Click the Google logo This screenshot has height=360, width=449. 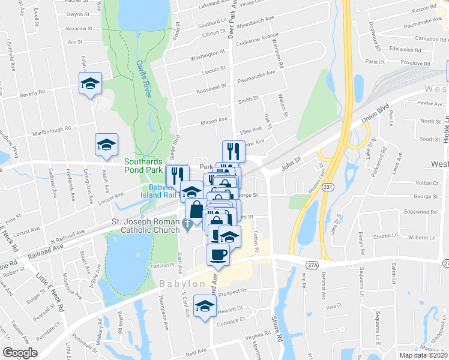pyautogui.click(x=20, y=353)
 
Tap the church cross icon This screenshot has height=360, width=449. pyautogui.click(x=188, y=226)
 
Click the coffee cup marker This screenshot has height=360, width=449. pyautogui.click(x=218, y=254)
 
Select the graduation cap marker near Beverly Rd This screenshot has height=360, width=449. pyautogui.click(x=90, y=83)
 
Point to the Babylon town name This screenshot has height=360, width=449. pyautogui.click(x=182, y=283)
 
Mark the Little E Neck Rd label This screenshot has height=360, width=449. pyautogui.click(x=43, y=288)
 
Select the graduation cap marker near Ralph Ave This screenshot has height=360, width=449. pyautogui.click(x=106, y=145)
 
